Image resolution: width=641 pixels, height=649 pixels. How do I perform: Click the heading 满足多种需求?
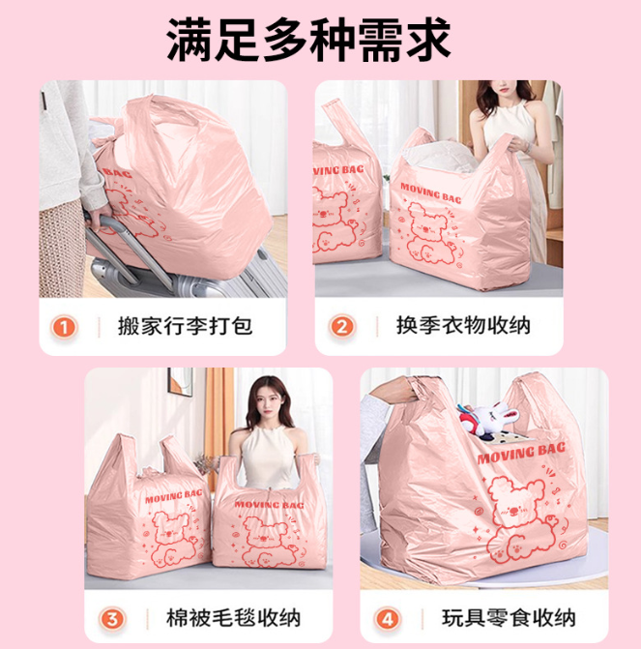(x=308, y=41)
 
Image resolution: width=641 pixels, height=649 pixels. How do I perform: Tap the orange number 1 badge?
(x=64, y=327)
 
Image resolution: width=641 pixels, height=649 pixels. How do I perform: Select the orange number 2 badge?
(x=342, y=327)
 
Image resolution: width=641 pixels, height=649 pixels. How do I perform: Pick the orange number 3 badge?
(x=112, y=619)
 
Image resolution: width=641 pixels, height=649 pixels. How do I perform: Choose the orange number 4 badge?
(x=388, y=619)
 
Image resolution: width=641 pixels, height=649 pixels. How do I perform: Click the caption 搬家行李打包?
(x=185, y=326)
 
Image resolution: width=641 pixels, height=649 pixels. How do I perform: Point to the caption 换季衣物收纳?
(x=463, y=326)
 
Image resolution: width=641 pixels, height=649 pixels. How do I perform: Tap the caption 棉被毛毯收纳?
(x=233, y=618)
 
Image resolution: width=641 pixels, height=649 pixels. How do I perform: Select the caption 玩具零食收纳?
(x=509, y=618)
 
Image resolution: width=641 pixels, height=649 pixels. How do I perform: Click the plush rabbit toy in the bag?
(x=492, y=418)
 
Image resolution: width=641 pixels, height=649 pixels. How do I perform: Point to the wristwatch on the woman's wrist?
(x=527, y=146)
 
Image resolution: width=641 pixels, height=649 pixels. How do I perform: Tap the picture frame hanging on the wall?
(x=180, y=382)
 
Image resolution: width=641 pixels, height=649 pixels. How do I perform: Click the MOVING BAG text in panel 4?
(x=521, y=453)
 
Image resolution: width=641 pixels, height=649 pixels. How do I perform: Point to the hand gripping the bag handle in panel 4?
(x=397, y=390)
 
